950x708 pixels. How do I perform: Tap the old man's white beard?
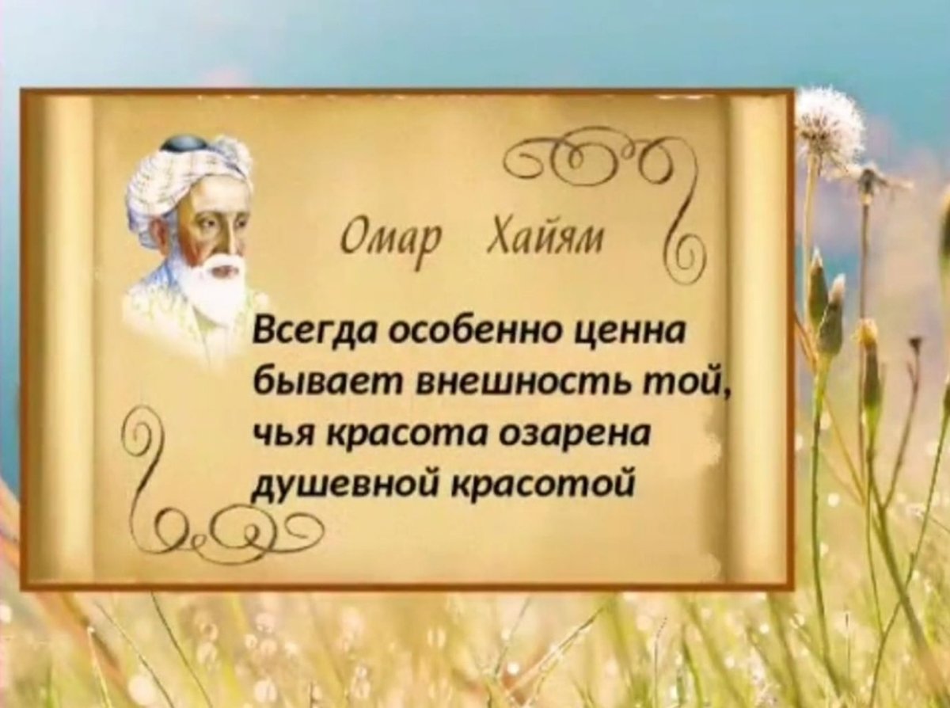(x=207, y=287)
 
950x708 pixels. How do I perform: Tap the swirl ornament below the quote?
(x=237, y=527)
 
